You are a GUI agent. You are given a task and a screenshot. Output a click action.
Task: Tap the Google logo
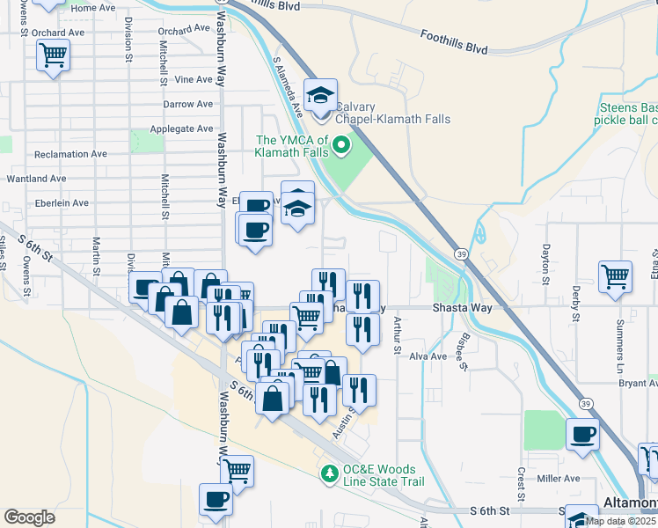coord(29,517)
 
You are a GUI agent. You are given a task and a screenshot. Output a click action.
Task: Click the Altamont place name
coord(631,502)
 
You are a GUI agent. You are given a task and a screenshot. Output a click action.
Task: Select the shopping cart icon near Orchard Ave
coord(54,55)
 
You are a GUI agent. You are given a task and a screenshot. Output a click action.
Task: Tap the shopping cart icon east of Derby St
coord(616,275)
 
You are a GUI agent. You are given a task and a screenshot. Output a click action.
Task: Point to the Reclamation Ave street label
coord(70,154)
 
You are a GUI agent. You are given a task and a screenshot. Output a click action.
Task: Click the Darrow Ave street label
coord(188,104)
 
